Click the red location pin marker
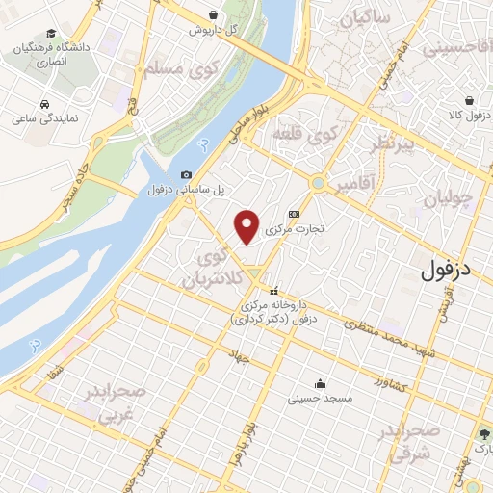click(x=248, y=225)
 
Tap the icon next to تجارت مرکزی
click(x=294, y=215)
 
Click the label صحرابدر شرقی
click(x=414, y=440)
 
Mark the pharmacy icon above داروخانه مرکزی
click(x=273, y=292)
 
